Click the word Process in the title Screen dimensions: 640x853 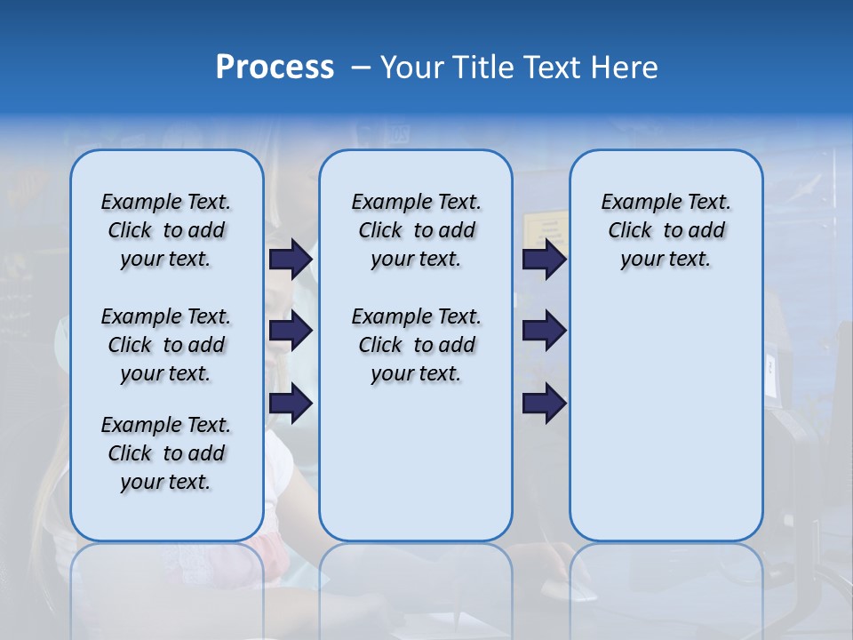(275, 67)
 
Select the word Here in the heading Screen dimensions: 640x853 (625, 67)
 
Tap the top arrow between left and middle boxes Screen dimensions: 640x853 (291, 259)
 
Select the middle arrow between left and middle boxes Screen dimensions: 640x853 (291, 332)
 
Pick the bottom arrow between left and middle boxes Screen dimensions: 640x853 (291, 404)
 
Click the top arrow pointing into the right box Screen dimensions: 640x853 (544, 259)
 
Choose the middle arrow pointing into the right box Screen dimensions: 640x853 (544, 332)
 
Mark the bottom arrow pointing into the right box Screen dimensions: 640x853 (544, 404)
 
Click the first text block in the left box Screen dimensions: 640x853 (166, 230)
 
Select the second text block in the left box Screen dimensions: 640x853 (166, 345)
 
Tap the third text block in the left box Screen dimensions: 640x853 (166, 453)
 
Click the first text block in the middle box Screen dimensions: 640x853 (416, 230)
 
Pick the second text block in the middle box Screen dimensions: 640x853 (416, 345)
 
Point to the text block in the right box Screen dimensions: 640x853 (666, 230)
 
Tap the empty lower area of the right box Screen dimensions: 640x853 (666, 418)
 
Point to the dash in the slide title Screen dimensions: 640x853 (361, 68)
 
